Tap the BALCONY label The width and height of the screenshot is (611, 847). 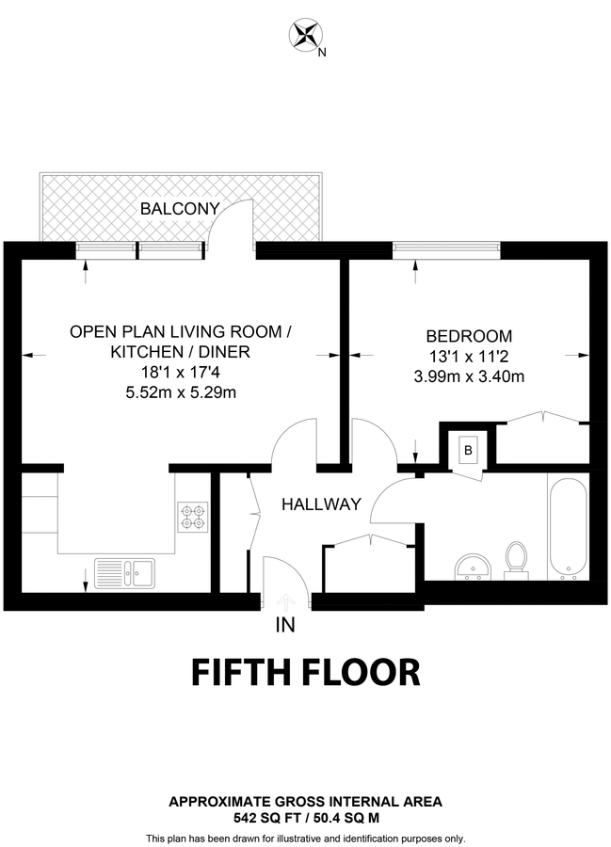click(x=180, y=209)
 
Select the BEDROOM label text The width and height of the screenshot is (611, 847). click(x=469, y=336)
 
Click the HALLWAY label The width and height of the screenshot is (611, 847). click(x=321, y=505)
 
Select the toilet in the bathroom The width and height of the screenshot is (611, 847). click(x=515, y=556)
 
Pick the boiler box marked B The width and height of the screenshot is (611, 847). click(x=467, y=450)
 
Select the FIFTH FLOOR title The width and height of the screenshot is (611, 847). click(x=305, y=673)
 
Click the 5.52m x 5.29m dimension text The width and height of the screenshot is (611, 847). click(x=180, y=392)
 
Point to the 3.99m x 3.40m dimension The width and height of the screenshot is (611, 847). click(x=469, y=376)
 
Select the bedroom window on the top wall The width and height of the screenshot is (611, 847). click(x=446, y=250)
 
